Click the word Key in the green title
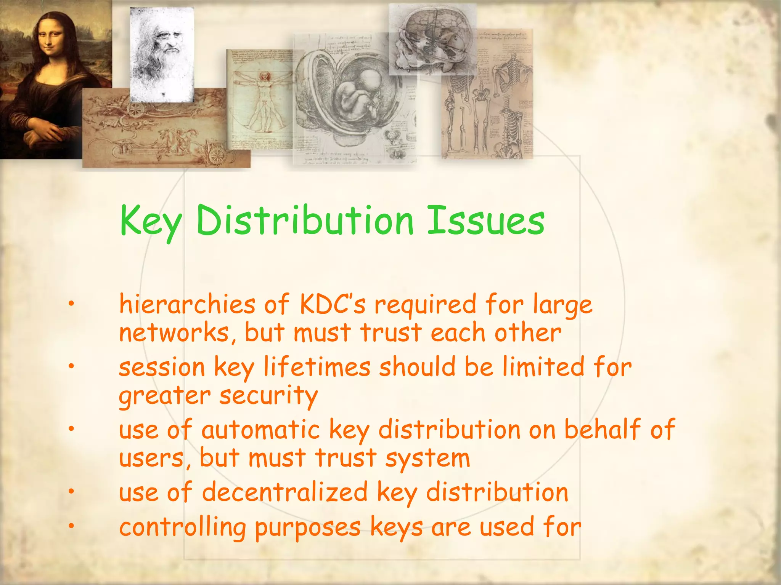151,221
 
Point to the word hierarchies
187,305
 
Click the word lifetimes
317,367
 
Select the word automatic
261,430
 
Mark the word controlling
183,528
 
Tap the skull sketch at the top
432,38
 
